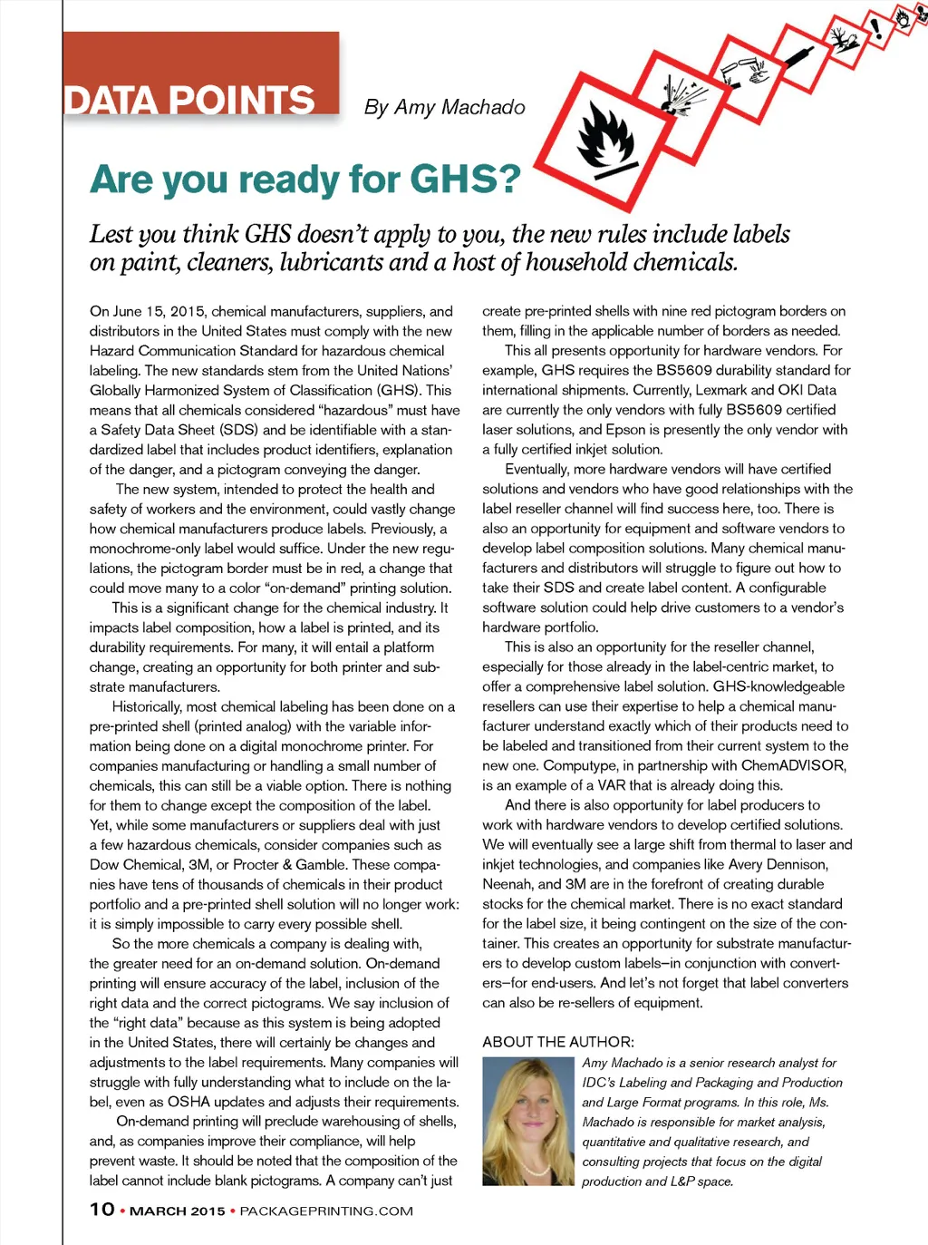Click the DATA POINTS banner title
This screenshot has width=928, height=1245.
click(189, 100)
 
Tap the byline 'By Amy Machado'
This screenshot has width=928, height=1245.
click(444, 107)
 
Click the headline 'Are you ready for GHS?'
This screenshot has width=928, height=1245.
click(305, 180)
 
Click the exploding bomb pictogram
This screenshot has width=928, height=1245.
click(686, 92)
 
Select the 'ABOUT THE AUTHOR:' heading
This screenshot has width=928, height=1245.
click(558, 1042)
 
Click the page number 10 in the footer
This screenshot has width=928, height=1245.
click(101, 1210)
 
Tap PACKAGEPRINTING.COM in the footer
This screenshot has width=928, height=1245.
click(326, 1211)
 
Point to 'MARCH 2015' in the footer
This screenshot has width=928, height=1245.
click(178, 1211)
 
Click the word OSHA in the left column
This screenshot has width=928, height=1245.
click(188, 1102)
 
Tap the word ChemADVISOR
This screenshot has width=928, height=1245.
click(793, 765)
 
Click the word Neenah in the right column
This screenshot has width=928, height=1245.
click(508, 884)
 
